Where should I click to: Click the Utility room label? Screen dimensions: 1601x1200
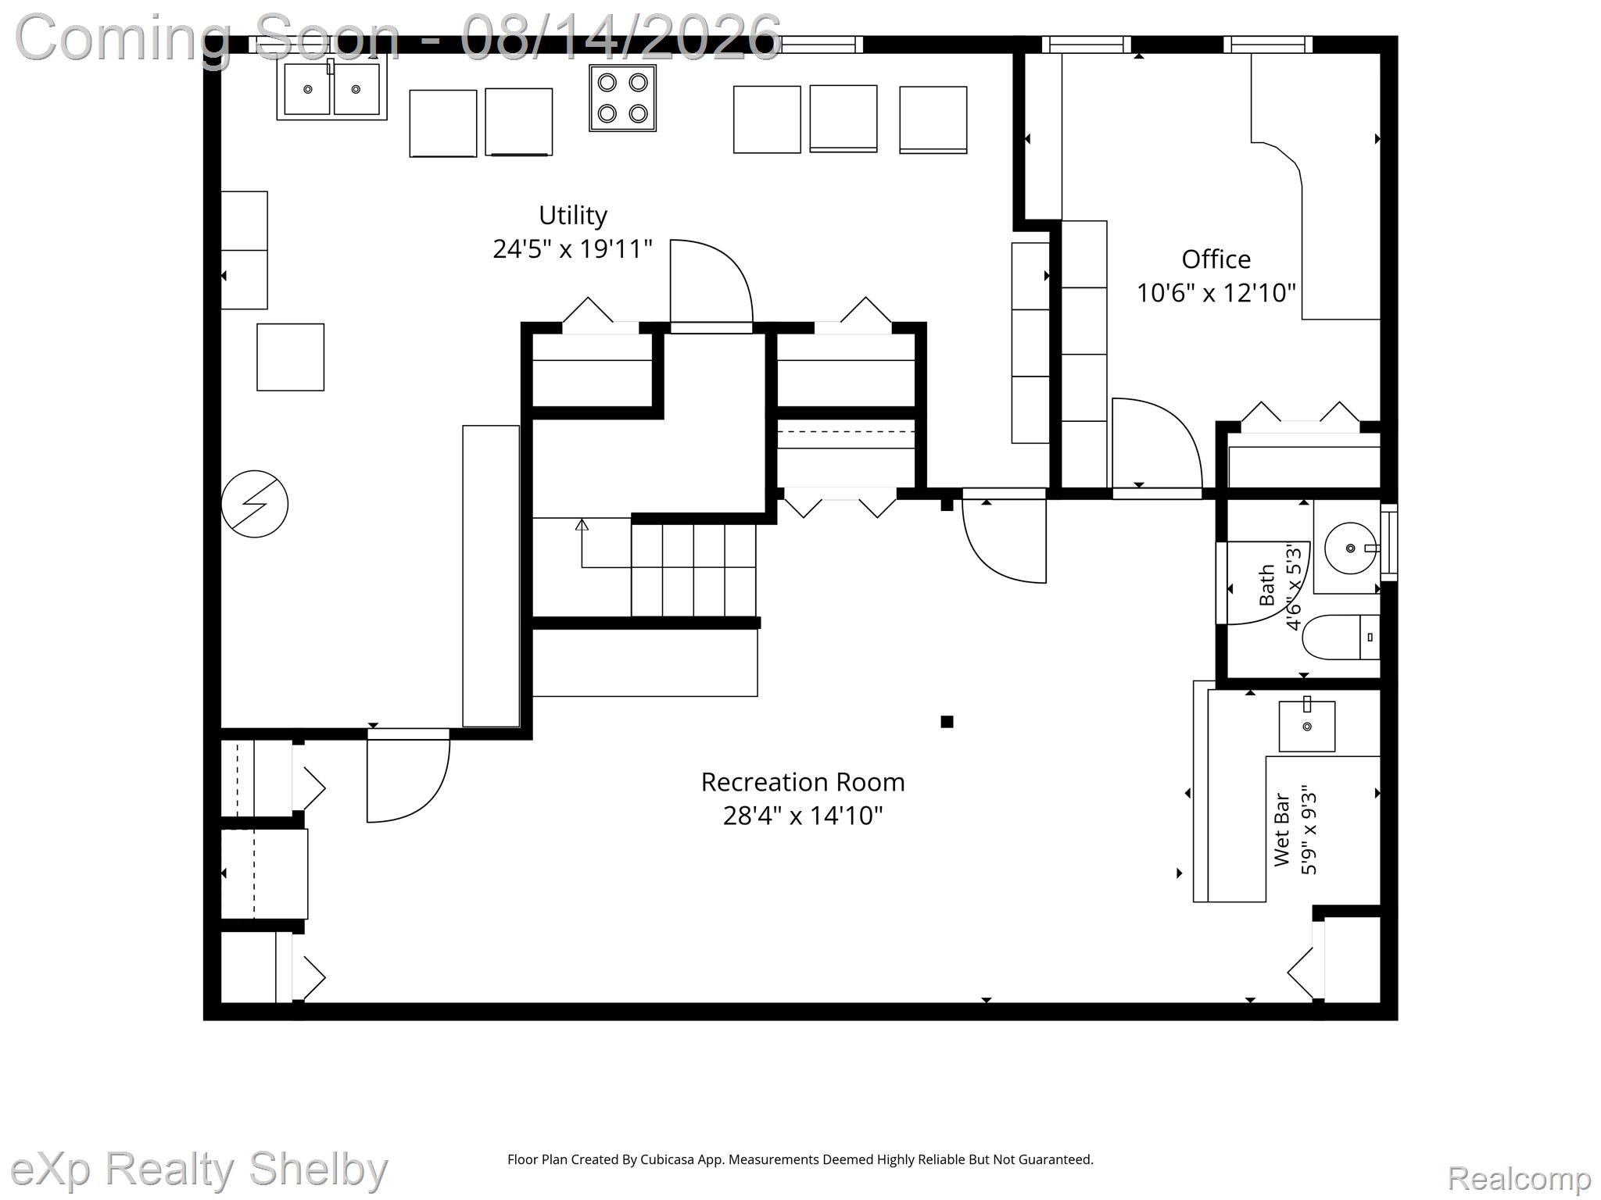pyautogui.click(x=573, y=215)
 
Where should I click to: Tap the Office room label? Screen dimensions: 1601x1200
pyautogui.click(x=1216, y=259)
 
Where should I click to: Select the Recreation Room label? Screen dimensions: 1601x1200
pyautogui.click(x=803, y=782)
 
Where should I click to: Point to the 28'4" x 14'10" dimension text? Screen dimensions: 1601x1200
pyautogui.click(x=803, y=816)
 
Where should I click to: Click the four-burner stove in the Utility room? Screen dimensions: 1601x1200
pyautogui.click(x=622, y=98)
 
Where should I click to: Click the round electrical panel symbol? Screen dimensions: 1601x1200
pyautogui.click(x=255, y=504)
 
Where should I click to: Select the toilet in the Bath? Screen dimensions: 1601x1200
pyautogui.click(x=1341, y=637)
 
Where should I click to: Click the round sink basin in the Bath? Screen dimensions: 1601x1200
pyautogui.click(x=1350, y=548)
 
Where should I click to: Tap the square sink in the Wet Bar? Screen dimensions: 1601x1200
pyautogui.click(x=1306, y=727)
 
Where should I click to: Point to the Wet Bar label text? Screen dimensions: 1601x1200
pyautogui.click(x=1282, y=830)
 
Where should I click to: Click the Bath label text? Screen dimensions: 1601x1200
pyautogui.click(x=1267, y=585)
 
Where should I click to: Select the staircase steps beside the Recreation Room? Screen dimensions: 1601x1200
pyautogui.click(x=693, y=570)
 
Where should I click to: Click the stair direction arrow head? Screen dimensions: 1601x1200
pyautogui.click(x=582, y=525)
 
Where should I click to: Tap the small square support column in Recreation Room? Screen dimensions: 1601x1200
pyautogui.click(x=947, y=722)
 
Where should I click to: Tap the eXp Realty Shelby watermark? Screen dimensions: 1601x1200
pyautogui.click(x=199, y=1170)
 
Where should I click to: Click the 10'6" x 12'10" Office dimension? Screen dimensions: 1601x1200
pyautogui.click(x=1216, y=293)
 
